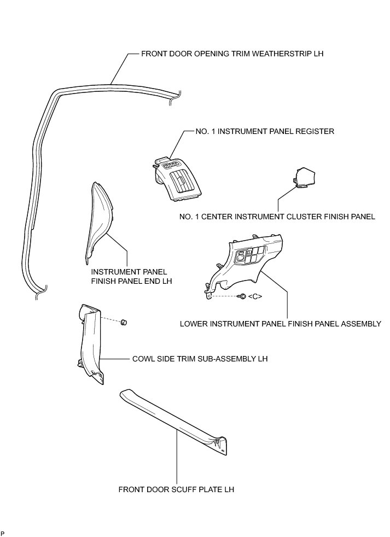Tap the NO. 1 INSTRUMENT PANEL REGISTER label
pyautogui.click(x=265, y=132)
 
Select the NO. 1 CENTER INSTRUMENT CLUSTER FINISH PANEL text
pyautogui.click(x=277, y=217)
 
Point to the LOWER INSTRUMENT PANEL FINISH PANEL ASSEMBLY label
pyautogui.click(x=280, y=324)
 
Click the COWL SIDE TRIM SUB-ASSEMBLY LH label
pyautogui.click(x=200, y=359)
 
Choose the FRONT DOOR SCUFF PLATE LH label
pyautogui.click(x=176, y=489)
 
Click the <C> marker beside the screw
pyautogui.click(x=255, y=296)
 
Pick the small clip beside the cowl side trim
pyautogui.click(x=124, y=321)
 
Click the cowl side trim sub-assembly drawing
pyautogui.click(x=90, y=345)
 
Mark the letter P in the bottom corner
pyautogui.click(x=3, y=533)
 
